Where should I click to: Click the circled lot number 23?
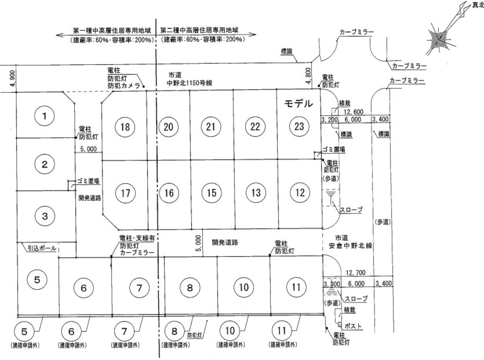(x=299, y=126)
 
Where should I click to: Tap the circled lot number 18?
(x=125, y=127)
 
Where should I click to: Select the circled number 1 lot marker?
(x=45, y=117)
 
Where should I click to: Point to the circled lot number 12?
(x=300, y=193)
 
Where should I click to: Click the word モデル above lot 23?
(x=298, y=104)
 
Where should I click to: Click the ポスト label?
(x=352, y=326)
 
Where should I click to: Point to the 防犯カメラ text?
(x=123, y=86)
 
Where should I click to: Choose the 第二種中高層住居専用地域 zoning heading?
(x=199, y=30)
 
